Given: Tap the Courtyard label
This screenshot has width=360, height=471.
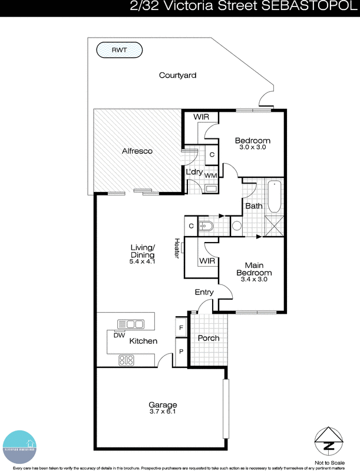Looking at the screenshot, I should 177,75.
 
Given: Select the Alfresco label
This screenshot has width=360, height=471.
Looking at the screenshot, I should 137,151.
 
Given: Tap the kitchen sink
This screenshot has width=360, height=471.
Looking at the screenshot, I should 131,324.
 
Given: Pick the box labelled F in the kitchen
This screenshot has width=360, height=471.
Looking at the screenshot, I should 181,327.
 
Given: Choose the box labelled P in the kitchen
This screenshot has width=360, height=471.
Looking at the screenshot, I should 181,351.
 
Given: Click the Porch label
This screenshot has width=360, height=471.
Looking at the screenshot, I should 208,338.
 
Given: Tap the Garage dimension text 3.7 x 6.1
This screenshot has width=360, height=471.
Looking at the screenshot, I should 163,412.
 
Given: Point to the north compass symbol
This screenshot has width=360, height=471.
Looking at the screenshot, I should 328,439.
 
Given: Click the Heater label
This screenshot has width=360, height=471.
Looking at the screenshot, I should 176,247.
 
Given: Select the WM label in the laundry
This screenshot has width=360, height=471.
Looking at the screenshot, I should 210,175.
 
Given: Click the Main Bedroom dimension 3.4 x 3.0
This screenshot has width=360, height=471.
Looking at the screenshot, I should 254,280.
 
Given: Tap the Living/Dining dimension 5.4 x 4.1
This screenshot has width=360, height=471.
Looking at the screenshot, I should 142,261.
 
